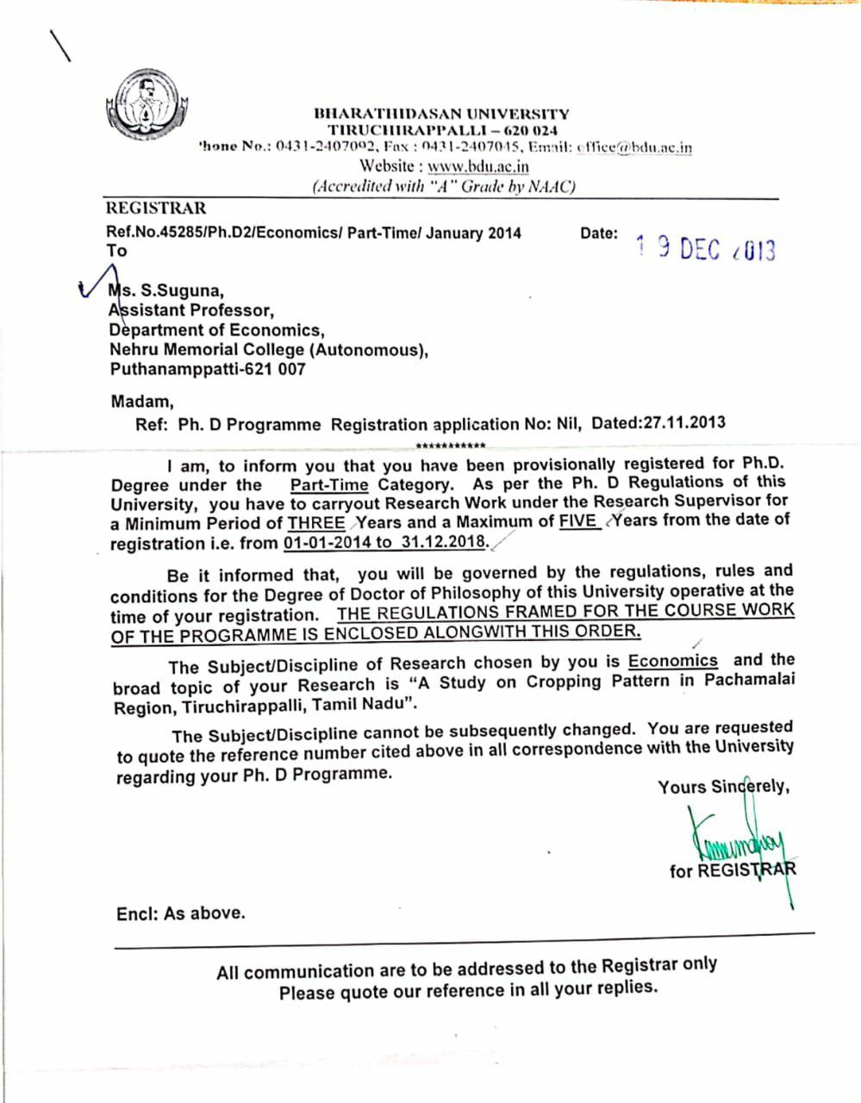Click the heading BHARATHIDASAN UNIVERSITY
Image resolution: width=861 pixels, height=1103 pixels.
[x=441, y=113]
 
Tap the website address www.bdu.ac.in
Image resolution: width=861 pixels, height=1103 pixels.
[x=478, y=166]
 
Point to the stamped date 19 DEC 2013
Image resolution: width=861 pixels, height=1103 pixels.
[x=706, y=249]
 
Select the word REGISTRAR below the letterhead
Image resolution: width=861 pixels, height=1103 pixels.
[x=156, y=208]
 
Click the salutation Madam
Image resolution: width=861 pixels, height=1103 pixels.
[x=142, y=401]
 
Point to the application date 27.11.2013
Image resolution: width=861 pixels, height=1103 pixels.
[x=684, y=422]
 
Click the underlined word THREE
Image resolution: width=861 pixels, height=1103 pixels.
[x=316, y=522]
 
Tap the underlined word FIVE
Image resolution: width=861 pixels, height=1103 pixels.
[x=577, y=520]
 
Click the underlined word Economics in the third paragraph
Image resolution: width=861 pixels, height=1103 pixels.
[x=672, y=661]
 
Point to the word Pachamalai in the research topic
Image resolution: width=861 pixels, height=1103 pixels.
[x=749, y=680]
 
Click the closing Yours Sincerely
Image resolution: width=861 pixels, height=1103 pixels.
[x=723, y=787]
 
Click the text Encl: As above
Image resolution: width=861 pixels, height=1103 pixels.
[x=181, y=913]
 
